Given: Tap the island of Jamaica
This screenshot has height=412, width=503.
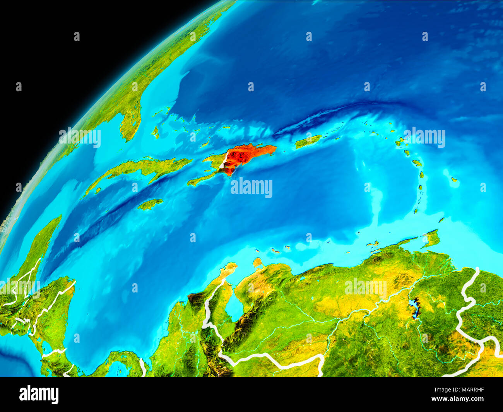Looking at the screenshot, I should tap(150, 204).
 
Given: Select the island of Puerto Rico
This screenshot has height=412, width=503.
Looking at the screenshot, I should tap(308, 142).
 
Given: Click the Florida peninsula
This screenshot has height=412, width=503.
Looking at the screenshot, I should tap(130, 116).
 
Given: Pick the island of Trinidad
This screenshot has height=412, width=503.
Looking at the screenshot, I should tap(431, 238).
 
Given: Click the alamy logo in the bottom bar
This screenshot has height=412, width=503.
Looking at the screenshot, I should tap(39, 394).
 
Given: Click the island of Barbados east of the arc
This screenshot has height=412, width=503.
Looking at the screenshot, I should tap(454, 180).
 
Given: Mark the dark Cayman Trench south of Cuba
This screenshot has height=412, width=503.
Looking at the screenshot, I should tap(116, 213).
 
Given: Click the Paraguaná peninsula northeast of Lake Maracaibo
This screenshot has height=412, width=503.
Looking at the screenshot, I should tap(257, 263).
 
